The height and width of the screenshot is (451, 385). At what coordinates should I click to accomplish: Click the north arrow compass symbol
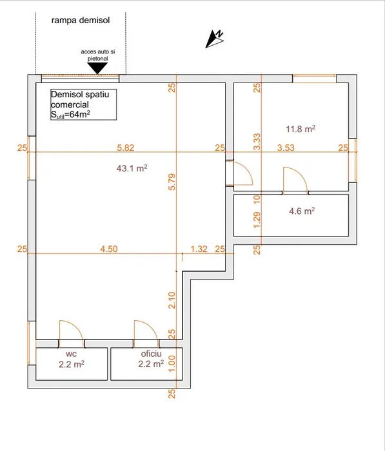[215, 39]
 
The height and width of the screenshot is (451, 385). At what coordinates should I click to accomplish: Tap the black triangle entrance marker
[94, 67]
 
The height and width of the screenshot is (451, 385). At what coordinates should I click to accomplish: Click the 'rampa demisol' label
[81, 20]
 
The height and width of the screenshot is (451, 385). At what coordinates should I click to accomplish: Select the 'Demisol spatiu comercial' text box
[83, 105]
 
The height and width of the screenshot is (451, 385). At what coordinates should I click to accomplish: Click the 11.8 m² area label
[300, 129]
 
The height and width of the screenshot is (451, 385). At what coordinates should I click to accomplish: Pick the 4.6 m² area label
[301, 211]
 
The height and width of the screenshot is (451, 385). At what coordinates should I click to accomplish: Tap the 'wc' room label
[71, 354]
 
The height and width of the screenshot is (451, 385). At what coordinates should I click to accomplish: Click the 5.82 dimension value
[126, 148]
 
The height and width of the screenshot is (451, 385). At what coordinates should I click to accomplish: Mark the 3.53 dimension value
[286, 148]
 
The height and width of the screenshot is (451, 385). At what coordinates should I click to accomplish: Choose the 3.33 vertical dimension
[257, 142]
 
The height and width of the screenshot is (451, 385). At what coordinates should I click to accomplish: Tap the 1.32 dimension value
[199, 249]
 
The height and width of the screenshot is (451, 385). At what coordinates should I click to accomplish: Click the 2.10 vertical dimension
[172, 300]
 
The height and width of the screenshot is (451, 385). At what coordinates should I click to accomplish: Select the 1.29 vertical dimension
[257, 221]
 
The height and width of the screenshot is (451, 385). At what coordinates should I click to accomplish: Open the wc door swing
[70, 329]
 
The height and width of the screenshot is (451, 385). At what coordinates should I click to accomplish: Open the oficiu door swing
[146, 329]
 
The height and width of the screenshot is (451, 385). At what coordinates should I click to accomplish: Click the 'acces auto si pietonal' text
[94, 54]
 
